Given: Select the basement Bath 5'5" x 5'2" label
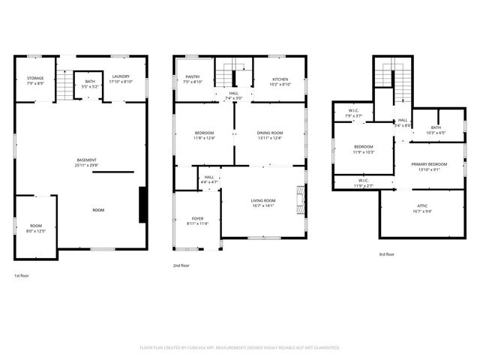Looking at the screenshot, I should point(90,83).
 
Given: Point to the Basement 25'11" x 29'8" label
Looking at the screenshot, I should point(87,163).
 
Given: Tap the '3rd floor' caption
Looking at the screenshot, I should point(385,254).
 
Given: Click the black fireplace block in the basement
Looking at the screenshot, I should point(142,205).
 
